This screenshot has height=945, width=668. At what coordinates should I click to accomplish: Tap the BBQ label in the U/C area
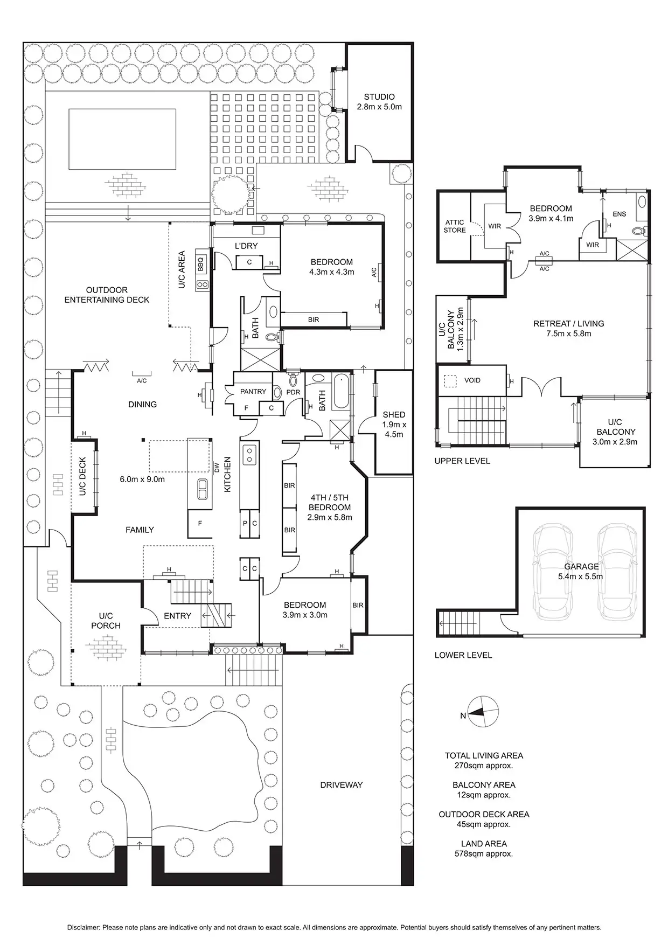(200, 264)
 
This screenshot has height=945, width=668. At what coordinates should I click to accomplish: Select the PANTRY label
(253, 392)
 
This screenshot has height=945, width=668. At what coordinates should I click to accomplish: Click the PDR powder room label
(293, 392)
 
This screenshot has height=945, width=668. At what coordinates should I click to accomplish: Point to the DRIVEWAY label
(342, 785)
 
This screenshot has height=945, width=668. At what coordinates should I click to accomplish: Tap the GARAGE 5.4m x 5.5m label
(581, 571)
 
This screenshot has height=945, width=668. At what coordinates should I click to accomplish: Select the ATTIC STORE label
(454, 226)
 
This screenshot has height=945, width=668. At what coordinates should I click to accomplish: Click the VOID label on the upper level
(472, 380)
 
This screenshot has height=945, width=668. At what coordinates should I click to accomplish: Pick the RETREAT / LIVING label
(569, 328)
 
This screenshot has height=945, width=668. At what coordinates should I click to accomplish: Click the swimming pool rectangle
(122, 138)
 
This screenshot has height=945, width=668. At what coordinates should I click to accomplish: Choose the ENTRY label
(177, 616)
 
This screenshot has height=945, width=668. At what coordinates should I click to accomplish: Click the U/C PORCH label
(106, 621)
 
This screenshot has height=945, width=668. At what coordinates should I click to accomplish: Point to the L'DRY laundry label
(246, 246)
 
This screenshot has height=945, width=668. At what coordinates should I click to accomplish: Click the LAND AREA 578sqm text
(483, 849)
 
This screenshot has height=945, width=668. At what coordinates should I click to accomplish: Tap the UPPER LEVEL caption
(462, 461)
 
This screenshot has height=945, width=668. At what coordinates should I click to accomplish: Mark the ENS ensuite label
(619, 214)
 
